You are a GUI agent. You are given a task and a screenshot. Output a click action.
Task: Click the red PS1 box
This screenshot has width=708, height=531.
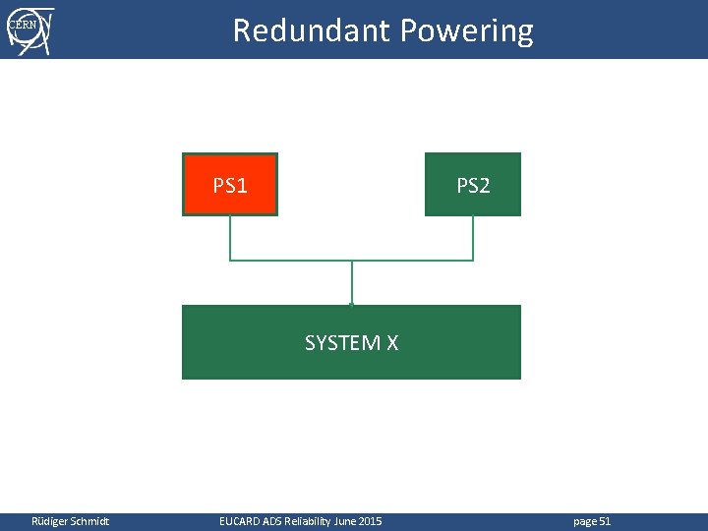click(x=230, y=184)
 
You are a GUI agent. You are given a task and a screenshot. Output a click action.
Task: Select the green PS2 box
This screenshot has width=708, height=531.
click(x=473, y=184)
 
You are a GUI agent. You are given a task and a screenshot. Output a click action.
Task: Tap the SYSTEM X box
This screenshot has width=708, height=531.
click(x=351, y=342)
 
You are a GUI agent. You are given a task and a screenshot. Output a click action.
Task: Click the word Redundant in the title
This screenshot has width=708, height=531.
click(x=311, y=30)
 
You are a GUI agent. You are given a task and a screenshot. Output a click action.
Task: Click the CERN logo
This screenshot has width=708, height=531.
click(x=29, y=29)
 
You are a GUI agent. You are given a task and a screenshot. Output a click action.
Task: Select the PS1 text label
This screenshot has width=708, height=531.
click(x=230, y=185)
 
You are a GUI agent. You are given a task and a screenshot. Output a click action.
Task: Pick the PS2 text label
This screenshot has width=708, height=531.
click(x=473, y=185)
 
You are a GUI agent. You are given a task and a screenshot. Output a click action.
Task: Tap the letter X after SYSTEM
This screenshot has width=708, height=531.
click(x=391, y=343)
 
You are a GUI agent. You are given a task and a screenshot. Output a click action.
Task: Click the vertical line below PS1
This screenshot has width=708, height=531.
click(x=230, y=237)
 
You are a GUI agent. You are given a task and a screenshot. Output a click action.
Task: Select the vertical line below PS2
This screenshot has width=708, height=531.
click(x=473, y=237)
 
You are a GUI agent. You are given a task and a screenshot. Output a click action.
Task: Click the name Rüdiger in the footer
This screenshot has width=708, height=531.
click(x=50, y=520)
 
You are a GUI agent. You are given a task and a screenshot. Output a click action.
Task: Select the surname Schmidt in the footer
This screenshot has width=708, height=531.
click(x=89, y=520)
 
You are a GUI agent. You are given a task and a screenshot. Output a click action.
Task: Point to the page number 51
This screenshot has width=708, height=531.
click(x=605, y=520)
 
